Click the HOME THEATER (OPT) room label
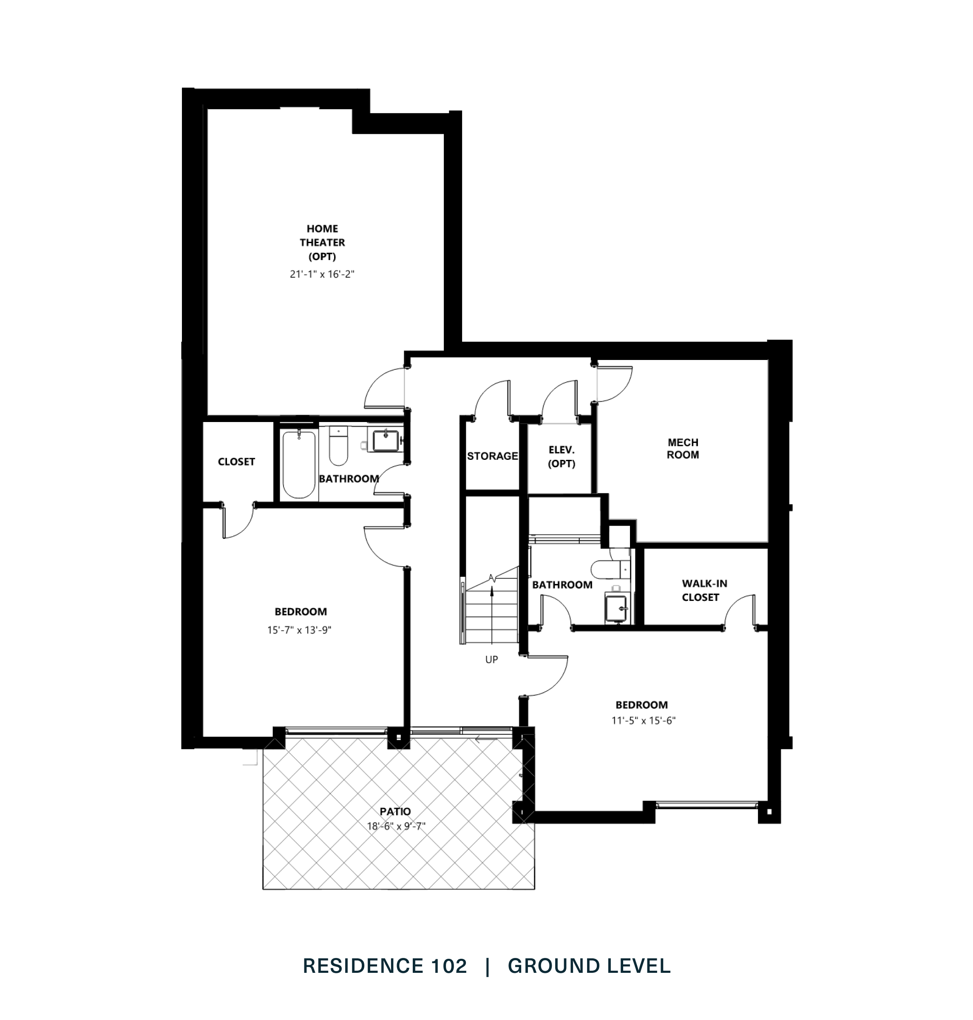pos(322,242)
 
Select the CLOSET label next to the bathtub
pos(236,462)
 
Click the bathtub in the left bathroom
pos(299,464)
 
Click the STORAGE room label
pos(492,456)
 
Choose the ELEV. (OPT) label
pos(561,456)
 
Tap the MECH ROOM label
pos(683,448)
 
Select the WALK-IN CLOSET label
pos(700,590)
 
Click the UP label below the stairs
pos(491,660)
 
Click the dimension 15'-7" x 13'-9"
pos(299,630)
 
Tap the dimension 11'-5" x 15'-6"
pos(644,720)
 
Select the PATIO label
pos(395,812)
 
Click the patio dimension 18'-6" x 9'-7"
pos(396,826)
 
